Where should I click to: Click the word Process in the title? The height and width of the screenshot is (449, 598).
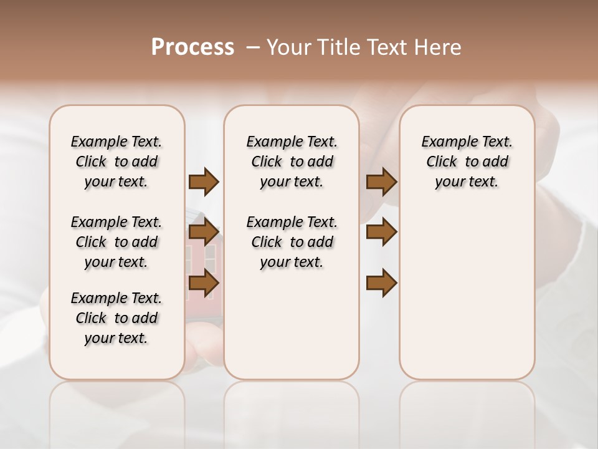192,47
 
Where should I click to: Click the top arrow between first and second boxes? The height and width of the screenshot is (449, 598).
204,181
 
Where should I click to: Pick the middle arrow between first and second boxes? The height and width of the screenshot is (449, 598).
204,233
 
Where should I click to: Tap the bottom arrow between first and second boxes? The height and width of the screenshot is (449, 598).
204,282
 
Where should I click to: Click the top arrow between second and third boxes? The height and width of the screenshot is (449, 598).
381,181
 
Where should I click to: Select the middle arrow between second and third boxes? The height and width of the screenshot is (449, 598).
381,233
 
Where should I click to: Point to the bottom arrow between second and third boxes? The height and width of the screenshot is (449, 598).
381,282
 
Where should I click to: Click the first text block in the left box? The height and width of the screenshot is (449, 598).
116,162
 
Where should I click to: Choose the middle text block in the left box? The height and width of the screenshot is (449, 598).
116,242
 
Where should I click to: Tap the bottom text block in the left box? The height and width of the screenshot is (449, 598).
116,318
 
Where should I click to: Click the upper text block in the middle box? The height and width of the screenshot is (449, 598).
292,162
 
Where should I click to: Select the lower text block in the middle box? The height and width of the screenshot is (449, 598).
292,242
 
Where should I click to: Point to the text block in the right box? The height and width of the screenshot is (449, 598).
467,162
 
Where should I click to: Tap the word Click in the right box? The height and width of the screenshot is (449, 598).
442,162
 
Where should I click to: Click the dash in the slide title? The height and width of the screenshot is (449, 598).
254,47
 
